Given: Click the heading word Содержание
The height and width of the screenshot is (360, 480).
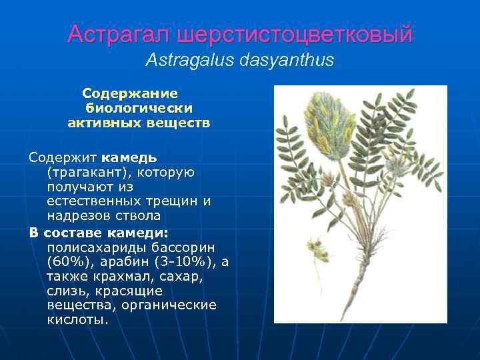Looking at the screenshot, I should pyautogui.click(x=130, y=93).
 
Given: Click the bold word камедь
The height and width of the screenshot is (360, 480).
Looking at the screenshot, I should pyautogui.click(x=129, y=158).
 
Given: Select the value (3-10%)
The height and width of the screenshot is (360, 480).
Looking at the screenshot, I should pyautogui.click(x=187, y=261).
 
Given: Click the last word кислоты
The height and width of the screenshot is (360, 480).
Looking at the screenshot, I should pyautogui.click(x=77, y=319).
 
